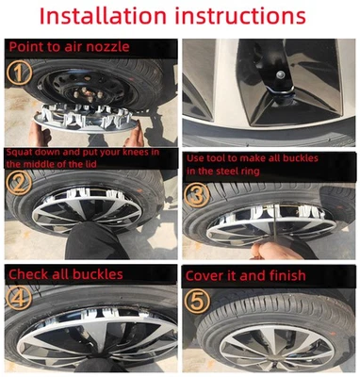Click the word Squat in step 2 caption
pos(20,151)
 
